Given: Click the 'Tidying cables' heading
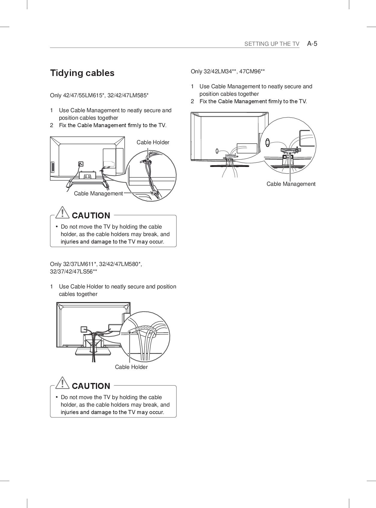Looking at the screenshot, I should click(82, 73).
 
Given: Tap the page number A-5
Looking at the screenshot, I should click(312, 44).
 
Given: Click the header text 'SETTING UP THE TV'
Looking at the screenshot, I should click(271, 44).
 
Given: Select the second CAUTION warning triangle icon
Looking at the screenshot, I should click(62, 383).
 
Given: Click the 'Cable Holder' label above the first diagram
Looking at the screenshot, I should click(153, 142).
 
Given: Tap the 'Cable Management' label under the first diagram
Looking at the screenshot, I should click(98, 194).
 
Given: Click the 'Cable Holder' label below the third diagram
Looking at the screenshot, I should click(131, 367).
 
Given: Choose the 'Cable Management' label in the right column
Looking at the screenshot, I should click(291, 184).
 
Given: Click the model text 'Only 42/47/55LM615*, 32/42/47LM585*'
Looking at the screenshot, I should click(99, 95).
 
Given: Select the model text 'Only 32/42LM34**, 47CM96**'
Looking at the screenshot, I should click(228, 72).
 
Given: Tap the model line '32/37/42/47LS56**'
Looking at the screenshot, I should click(73, 272).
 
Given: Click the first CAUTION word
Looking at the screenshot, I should click(91, 216).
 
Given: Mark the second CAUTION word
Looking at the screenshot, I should click(91, 386).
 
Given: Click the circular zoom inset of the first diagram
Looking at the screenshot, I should click(151, 176).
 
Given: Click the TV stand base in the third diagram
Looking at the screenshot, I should click(93, 351).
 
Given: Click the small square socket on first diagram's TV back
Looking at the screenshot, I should click(80, 164).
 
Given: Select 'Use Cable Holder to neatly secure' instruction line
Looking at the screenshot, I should click(117, 287).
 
